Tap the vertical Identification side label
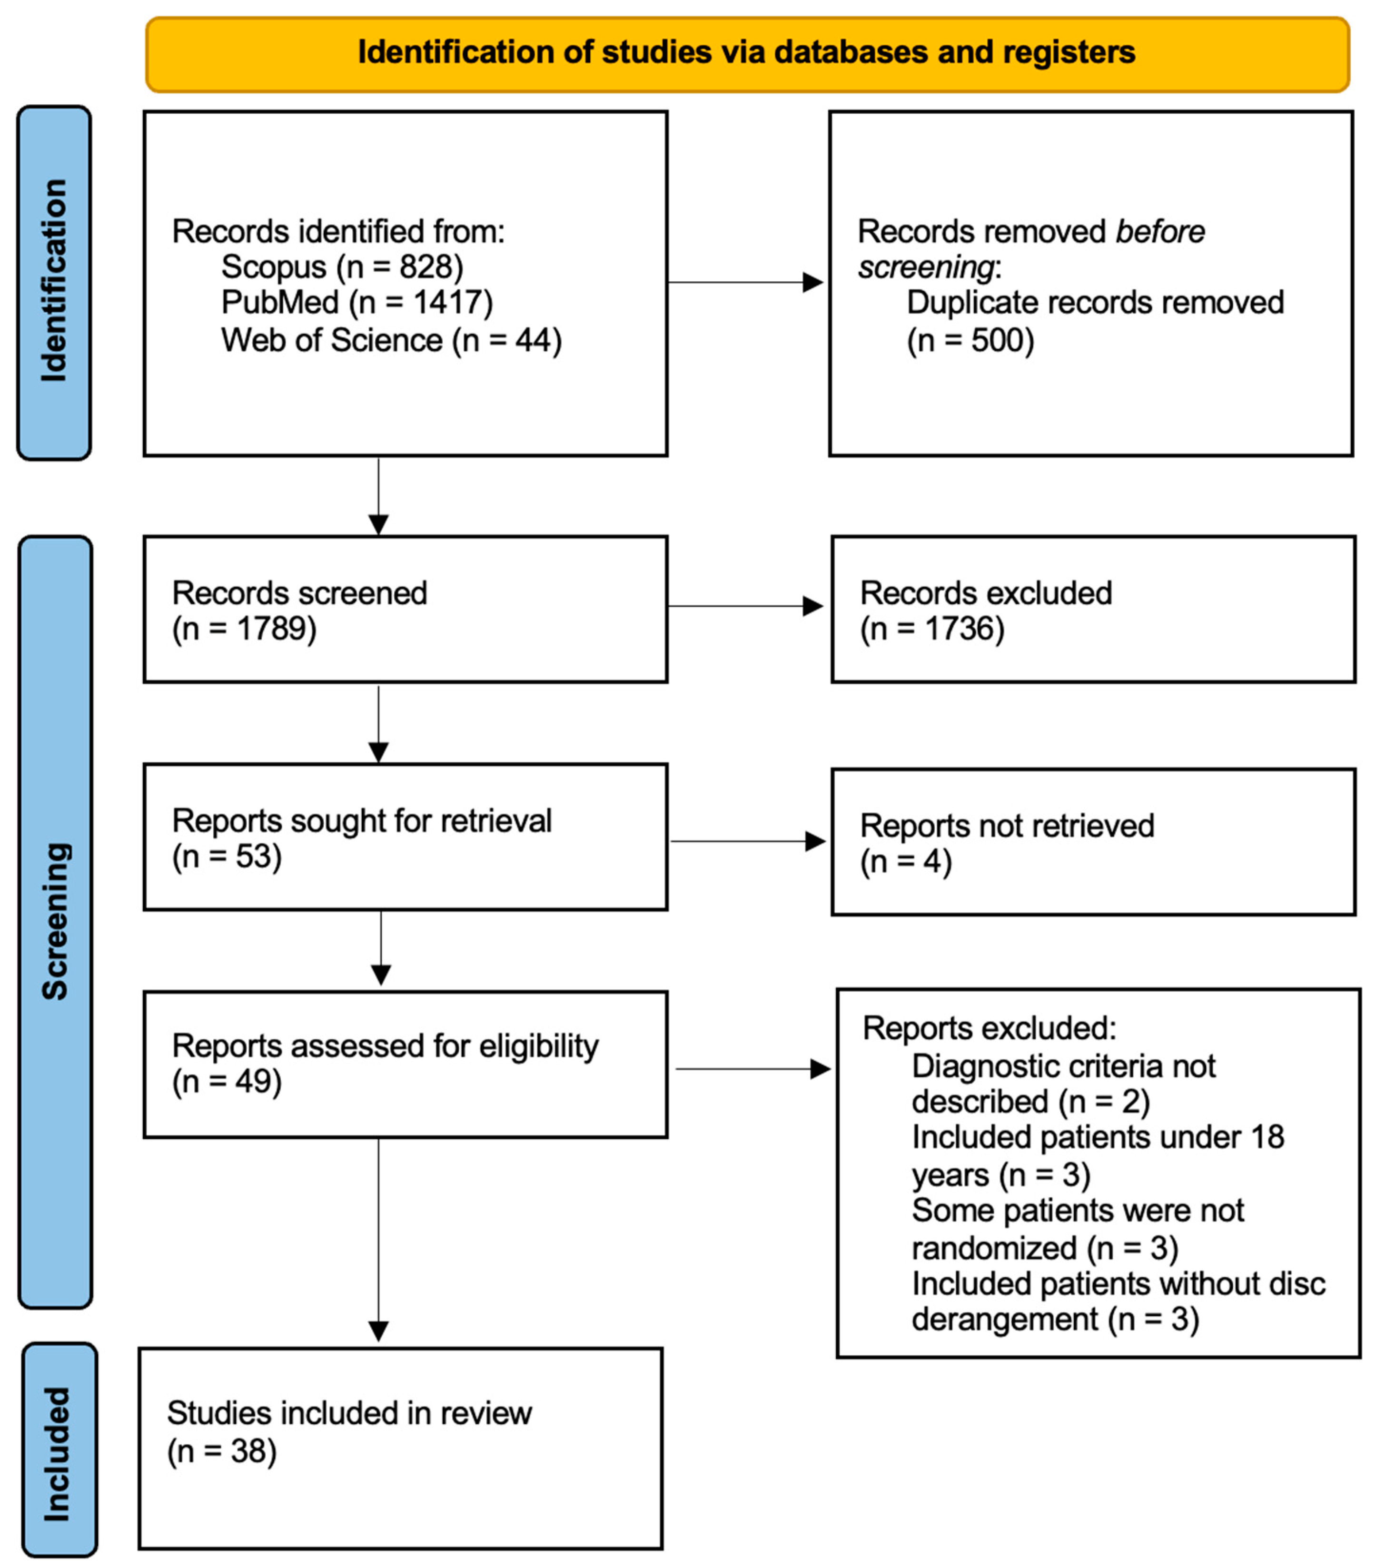click(x=54, y=282)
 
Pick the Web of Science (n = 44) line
click(x=391, y=340)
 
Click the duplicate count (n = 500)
click(x=970, y=340)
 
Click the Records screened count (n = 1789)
click(x=244, y=629)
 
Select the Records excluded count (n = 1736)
click(x=931, y=629)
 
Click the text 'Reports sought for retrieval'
click(x=361, y=821)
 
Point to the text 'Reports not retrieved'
click(x=1007, y=826)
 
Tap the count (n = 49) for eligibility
click(x=227, y=1082)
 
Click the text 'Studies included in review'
click(x=349, y=1413)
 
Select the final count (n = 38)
click(x=222, y=1451)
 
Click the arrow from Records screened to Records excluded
click(x=744, y=606)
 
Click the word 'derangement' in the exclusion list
click(x=1005, y=1320)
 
